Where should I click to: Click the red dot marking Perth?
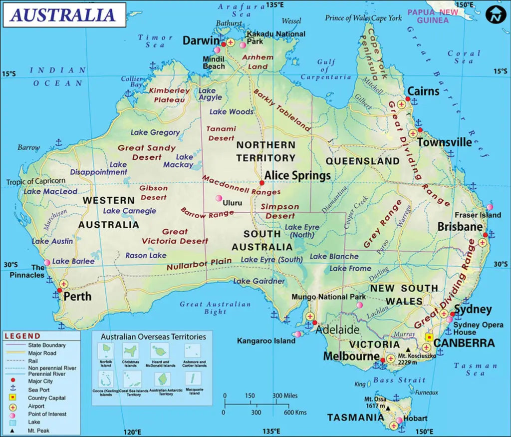(x=59, y=290)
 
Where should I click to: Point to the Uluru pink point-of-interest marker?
(x=218, y=198)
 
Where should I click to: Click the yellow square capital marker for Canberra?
(x=429, y=337)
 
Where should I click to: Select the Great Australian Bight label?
(x=215, y=308)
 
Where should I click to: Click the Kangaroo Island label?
(x=266, y=341)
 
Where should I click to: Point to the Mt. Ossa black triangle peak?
(x=388, y=408)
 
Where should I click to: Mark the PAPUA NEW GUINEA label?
(x=432, y=16)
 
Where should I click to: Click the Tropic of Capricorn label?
(x=35, y=181)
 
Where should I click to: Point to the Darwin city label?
(x=201, y=40)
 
